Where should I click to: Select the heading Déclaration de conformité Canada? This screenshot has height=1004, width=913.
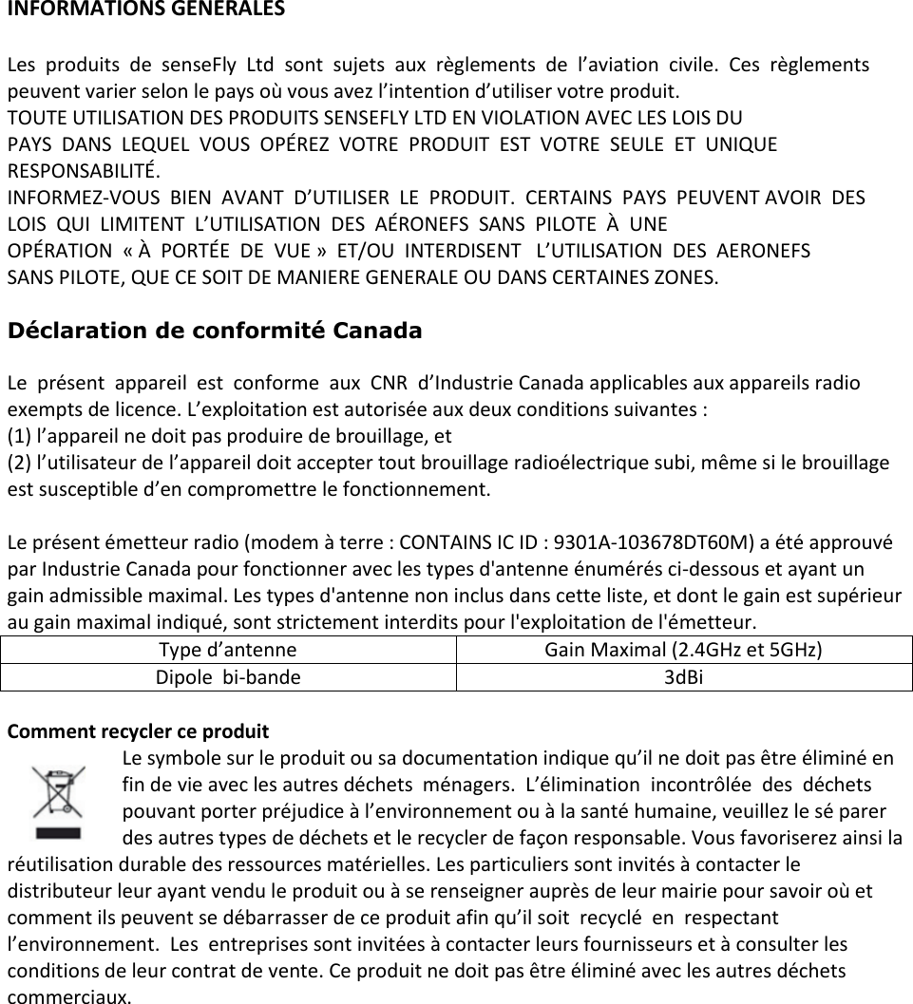point(215,332)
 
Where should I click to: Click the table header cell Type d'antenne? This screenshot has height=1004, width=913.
point(227,651)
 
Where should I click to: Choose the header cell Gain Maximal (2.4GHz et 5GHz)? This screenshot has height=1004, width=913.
point(683,651)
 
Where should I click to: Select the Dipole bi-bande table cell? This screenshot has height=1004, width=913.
point(228,678)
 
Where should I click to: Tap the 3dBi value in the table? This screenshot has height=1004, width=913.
point(683,678)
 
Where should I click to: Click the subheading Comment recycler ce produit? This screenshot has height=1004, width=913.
point(138,732)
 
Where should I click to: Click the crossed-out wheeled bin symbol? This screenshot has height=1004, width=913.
point(59,791)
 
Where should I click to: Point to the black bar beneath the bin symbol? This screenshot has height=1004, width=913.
point(59,833)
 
